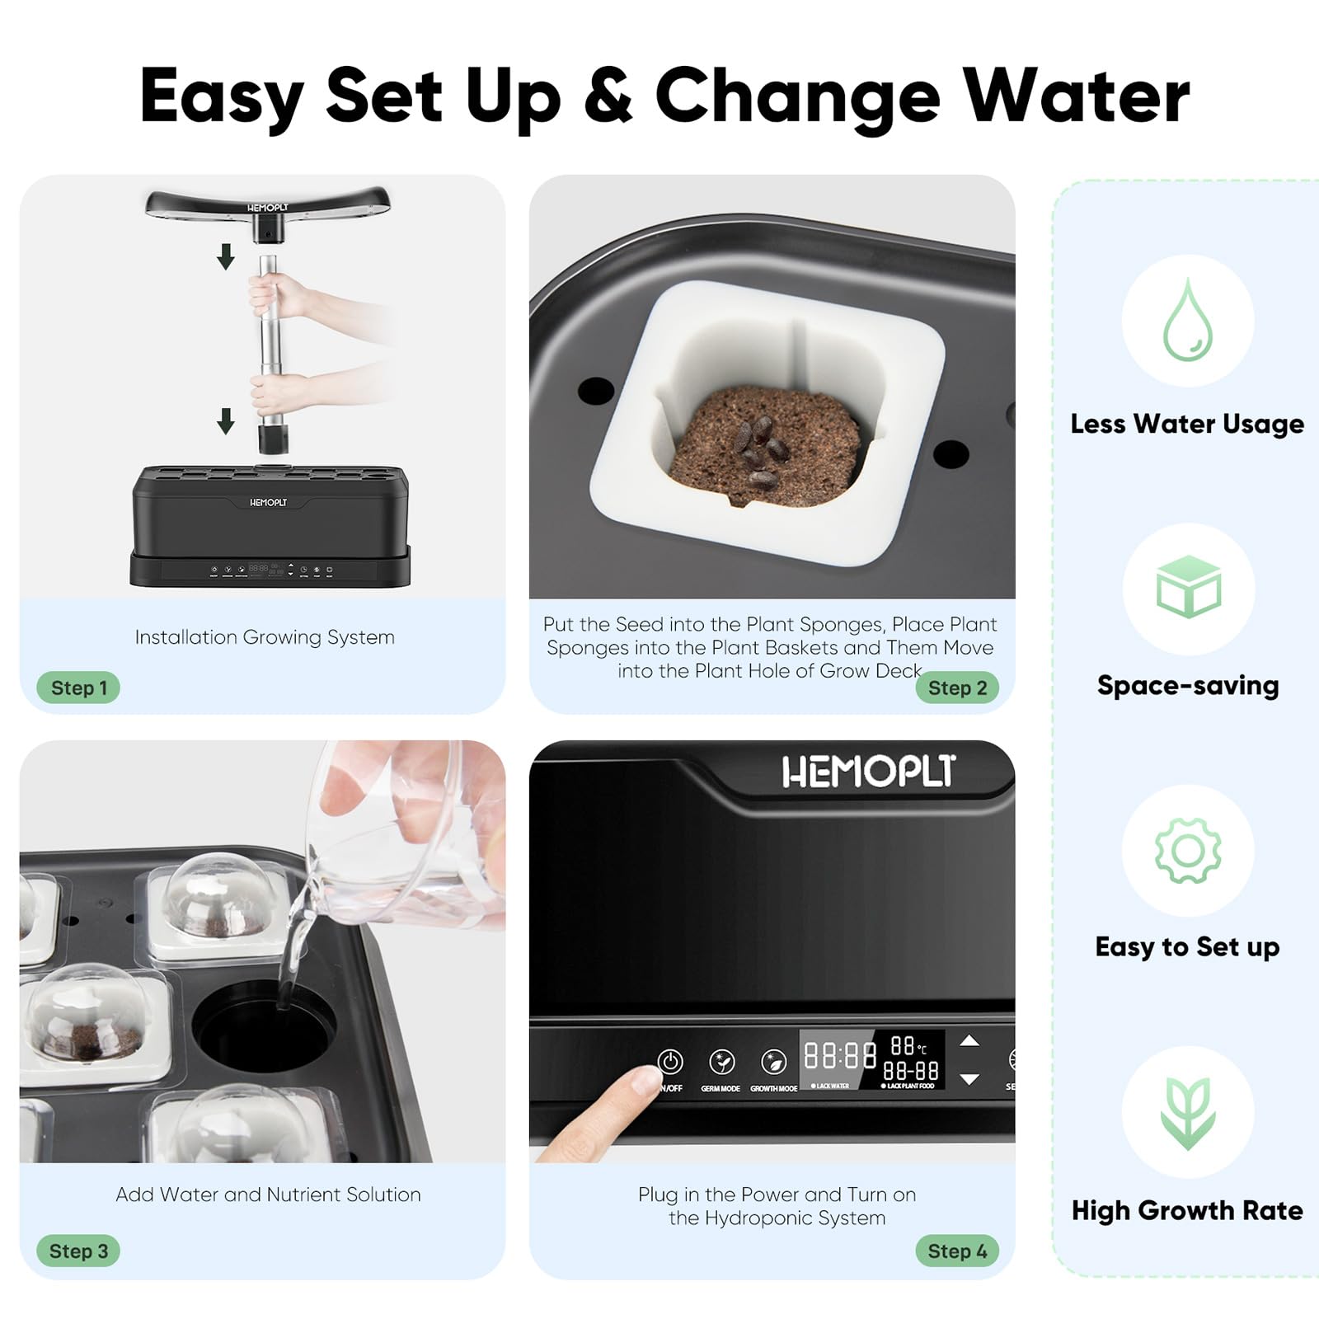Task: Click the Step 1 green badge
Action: (x=78, y=688)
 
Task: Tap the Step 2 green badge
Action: (x=957, y=688)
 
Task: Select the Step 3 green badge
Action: (x=78, y=1251)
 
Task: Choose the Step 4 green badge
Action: (x=957, y=1251)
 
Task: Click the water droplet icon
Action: (x=1188, y=321)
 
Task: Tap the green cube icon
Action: (x=1188, y=587)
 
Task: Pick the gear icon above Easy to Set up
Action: (x=1188, y=851)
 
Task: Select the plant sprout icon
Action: (x=1188, y=1112)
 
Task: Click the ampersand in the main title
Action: (x=608, y=96)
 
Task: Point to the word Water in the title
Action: (x=1077, y=96)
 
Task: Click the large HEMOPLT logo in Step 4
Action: (x=868, y=772)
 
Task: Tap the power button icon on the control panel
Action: (x=670, y=1062)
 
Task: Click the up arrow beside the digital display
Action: (x=969, y=1041)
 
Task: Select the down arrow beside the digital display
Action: (x=969, y=1079)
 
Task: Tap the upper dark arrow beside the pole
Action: (x=226, y=257)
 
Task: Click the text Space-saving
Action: (x=1188, y=685)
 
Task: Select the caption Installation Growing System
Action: (x=265, y=637)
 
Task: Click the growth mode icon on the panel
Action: (x=773, y=1062)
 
